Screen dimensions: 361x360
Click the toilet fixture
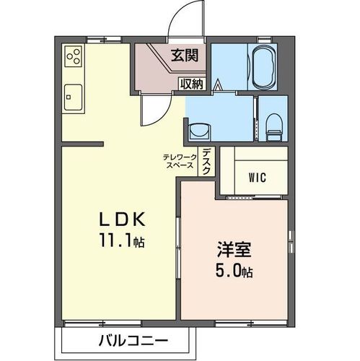click(x=273, y=127)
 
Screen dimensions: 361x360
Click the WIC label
click(x=258, y=176)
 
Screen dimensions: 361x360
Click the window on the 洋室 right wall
click(x=291, y=248)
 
